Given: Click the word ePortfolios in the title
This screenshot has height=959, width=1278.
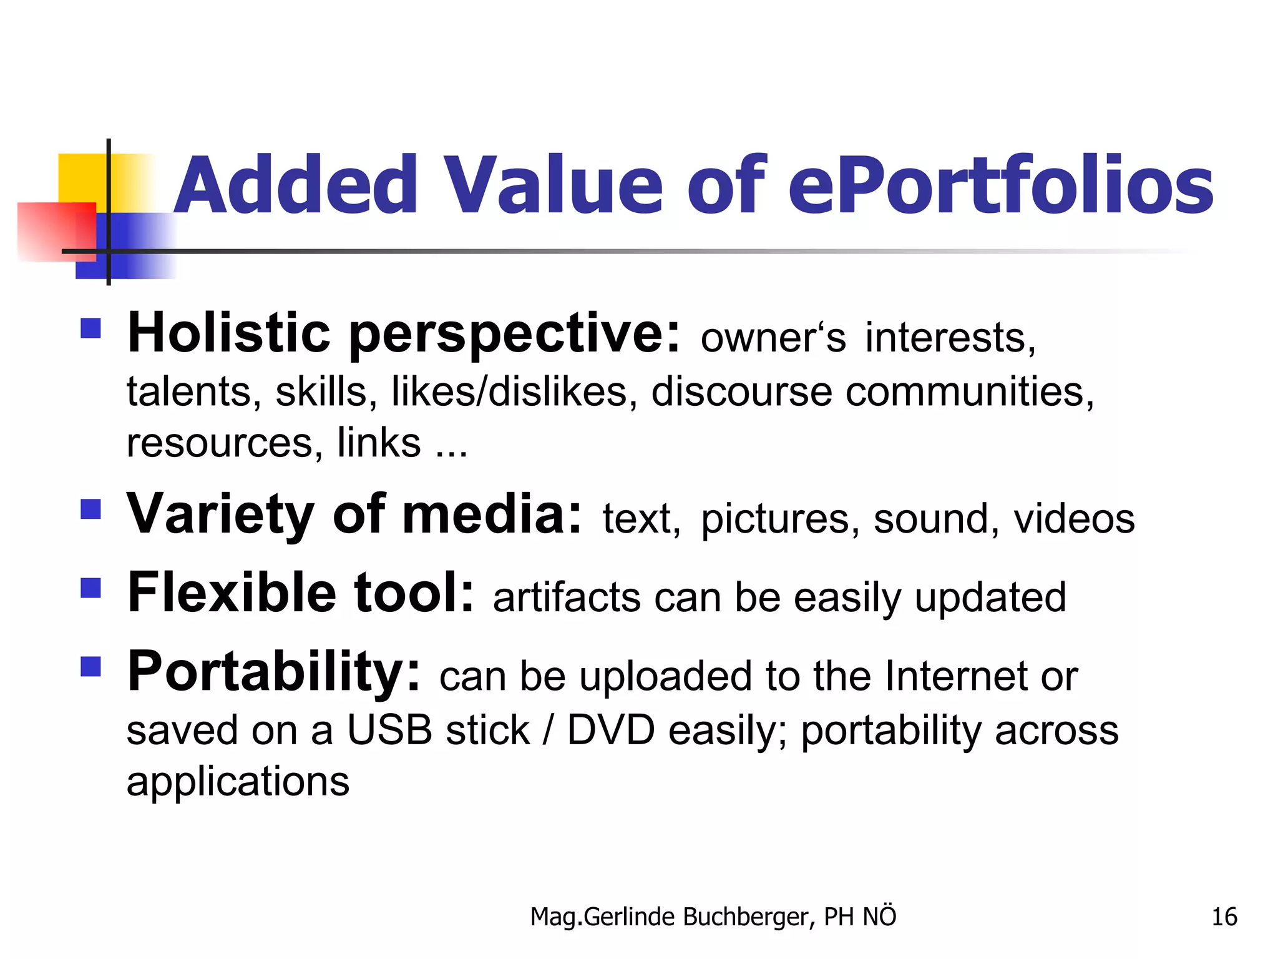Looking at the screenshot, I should point(1000,186).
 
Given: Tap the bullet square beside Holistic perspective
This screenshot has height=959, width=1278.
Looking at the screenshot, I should point(91,328).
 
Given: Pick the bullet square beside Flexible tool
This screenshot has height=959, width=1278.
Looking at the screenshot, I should point(91,588).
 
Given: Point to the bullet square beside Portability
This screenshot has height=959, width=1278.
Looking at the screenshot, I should point(91,666).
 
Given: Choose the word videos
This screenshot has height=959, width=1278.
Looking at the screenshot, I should point(1074,519).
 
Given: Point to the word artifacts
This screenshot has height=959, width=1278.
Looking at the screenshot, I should point(567,598).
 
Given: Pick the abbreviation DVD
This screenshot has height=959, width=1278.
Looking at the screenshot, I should point(611,730).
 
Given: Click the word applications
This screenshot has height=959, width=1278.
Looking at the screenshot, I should point(238,782).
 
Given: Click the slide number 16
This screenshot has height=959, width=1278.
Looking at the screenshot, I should point(1224,917).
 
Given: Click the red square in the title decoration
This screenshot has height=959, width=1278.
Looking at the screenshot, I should point(56,231).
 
